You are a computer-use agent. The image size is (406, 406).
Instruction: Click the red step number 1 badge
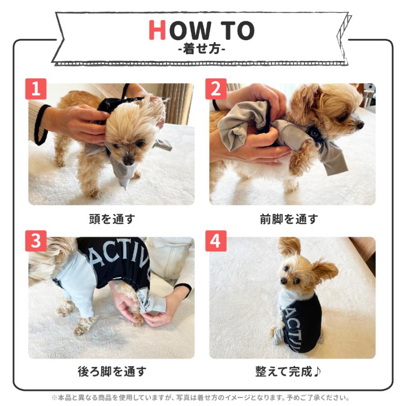point(36,89)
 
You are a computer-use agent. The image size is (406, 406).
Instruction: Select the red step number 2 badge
point(216,89)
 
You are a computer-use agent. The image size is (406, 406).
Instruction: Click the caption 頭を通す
point(111,219)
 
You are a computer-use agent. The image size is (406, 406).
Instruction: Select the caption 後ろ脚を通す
point(111,372)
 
